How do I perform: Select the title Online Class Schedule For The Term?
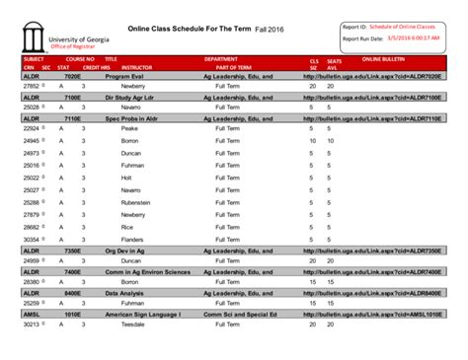point(189,29)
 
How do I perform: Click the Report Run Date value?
point(414,38)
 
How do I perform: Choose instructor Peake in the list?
point(129,128)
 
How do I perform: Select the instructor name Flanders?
point(132,239)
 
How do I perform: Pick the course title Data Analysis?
point(125,293)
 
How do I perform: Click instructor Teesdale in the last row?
point(133,324)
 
